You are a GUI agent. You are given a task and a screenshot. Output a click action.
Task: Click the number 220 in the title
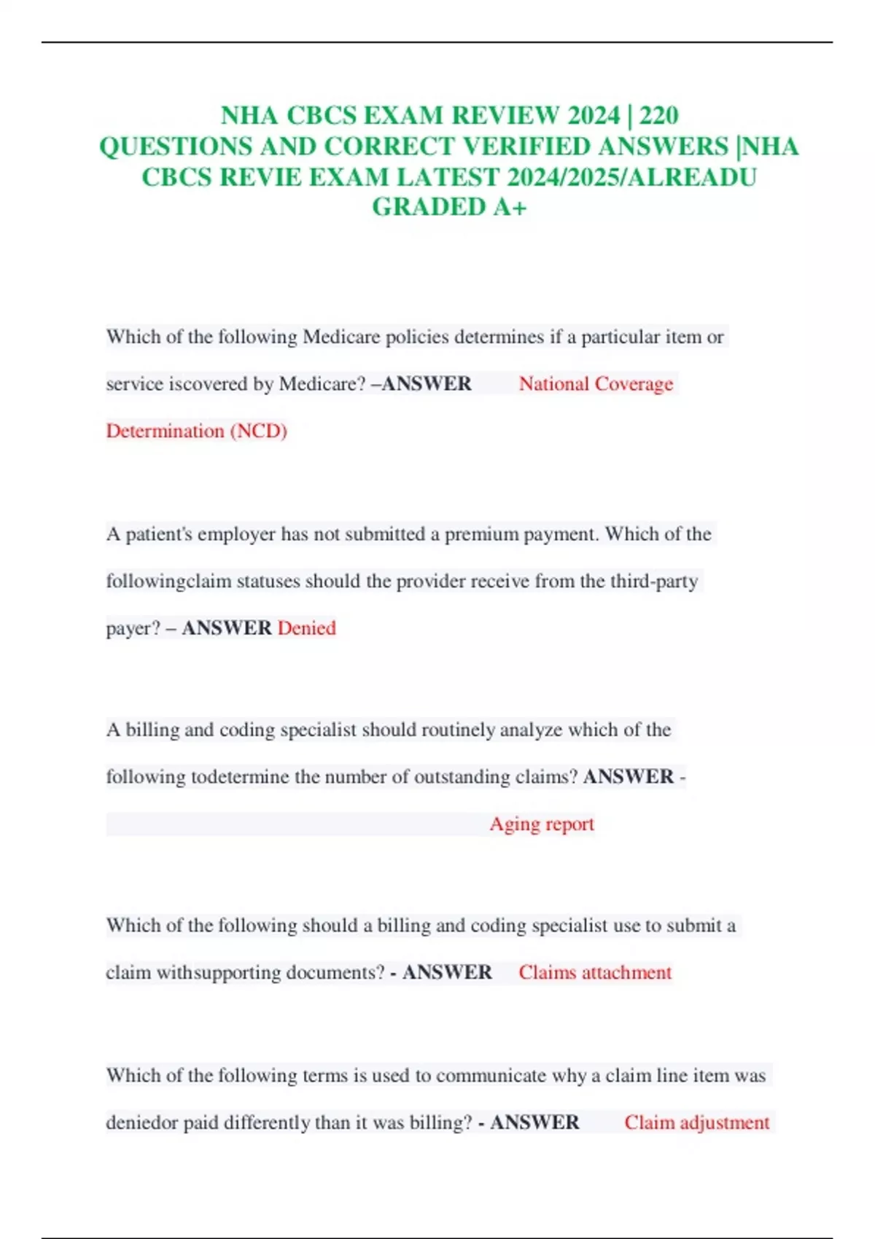658,116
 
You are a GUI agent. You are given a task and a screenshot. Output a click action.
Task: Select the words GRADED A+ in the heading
449,207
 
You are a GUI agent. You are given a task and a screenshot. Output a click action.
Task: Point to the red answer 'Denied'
306,628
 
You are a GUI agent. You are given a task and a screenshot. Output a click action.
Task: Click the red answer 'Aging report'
542,824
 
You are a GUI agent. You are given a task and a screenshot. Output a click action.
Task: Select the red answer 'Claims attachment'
595,973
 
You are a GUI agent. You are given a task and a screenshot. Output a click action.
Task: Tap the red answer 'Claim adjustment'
696,1122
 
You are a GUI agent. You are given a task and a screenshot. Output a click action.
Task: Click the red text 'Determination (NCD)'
197,431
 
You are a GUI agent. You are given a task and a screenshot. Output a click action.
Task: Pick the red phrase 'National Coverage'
596,384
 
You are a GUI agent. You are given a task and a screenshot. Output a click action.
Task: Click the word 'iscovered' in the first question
208,384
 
